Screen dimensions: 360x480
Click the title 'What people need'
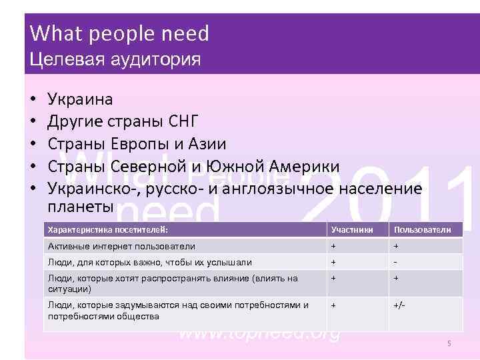[120, 33]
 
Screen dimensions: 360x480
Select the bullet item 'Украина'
[81, 99]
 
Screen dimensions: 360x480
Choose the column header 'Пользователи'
[422, 230]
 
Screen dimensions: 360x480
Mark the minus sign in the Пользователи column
[396, 262]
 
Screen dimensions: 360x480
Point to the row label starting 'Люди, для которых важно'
[149, 262]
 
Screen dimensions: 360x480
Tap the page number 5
[449, 343]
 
